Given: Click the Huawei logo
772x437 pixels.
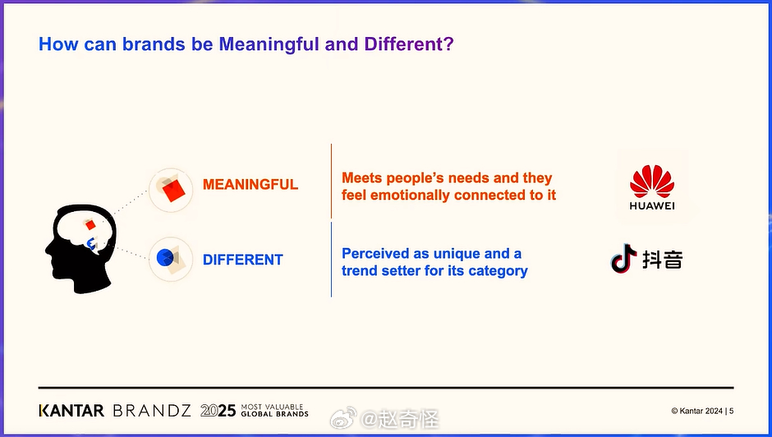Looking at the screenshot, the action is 652,188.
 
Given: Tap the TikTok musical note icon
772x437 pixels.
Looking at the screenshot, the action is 623,258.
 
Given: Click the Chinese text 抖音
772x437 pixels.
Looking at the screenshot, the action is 663,259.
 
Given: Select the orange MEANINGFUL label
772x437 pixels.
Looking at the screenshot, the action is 250,184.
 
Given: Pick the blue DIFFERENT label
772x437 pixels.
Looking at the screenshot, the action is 243,260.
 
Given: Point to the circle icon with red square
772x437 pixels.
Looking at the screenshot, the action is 171,191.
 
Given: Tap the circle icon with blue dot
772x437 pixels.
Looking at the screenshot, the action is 171,259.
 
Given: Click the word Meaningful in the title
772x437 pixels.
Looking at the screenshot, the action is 269,44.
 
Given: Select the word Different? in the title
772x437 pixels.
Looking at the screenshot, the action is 409,44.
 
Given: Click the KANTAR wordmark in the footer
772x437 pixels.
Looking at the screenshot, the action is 71,411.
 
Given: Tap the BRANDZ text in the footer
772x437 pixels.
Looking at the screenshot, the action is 152,411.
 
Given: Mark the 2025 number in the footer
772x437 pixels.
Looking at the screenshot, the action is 218,411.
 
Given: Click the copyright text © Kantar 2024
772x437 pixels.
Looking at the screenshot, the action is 696,411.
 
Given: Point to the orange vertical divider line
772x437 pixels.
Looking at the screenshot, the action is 331,181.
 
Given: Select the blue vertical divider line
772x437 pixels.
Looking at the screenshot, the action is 331,260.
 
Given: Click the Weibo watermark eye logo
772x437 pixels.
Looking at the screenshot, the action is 343,418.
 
